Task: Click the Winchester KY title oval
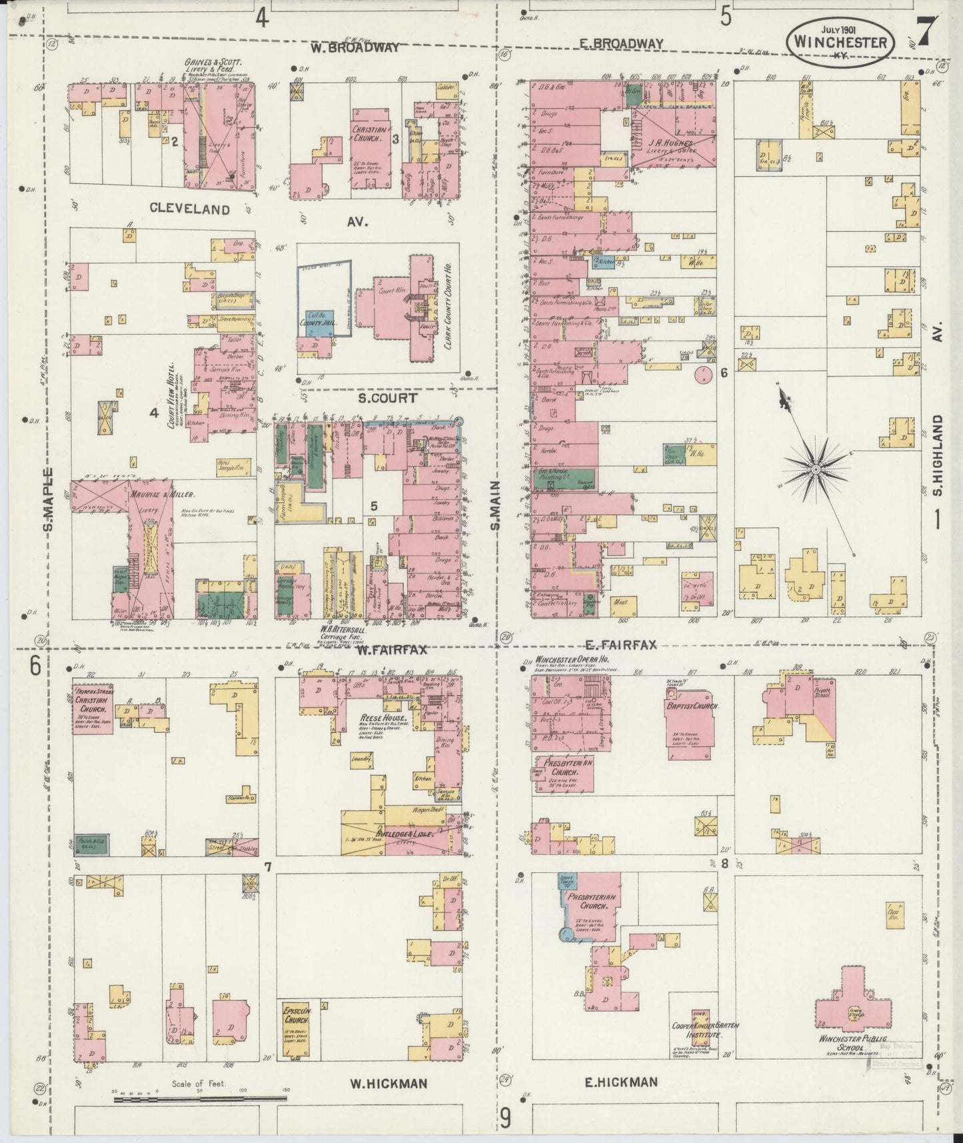click(839, 41)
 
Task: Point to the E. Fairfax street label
click(621, 644)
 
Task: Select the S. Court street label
click(387, 398)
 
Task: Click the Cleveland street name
click(190, 209)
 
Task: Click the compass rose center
click(814, 470)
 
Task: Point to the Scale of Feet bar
click(200, 1096)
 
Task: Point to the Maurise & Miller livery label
click(171, 495)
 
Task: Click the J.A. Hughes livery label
click(673, 143)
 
